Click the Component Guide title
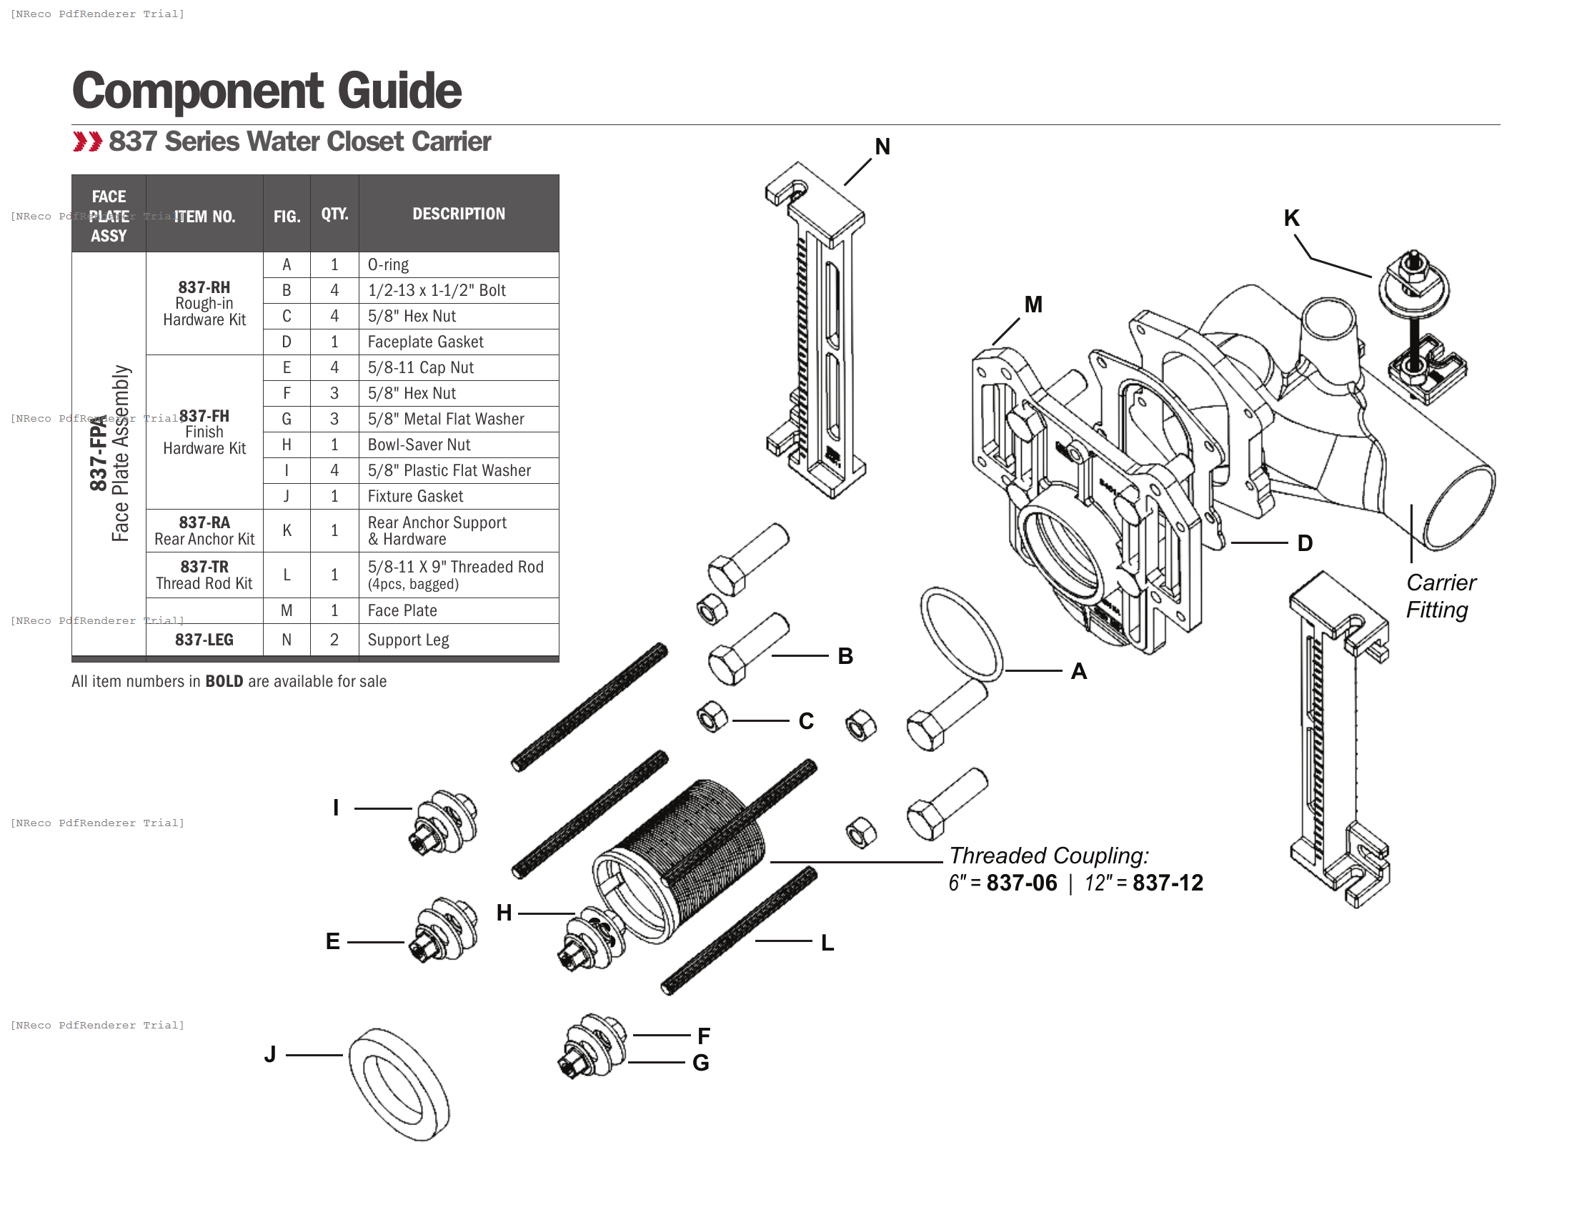267,91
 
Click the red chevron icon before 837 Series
87,141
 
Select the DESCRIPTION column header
459,214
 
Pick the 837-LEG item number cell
204,639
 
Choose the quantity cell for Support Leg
334,639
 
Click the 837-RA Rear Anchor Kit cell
204,530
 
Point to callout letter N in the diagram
882,147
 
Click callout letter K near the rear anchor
1291,218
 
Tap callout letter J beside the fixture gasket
270,1054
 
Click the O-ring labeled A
962,634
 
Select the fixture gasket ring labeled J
399,1084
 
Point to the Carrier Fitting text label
1441,596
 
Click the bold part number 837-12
1168,883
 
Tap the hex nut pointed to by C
712,718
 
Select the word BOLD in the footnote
224,681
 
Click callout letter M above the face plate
1033,304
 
